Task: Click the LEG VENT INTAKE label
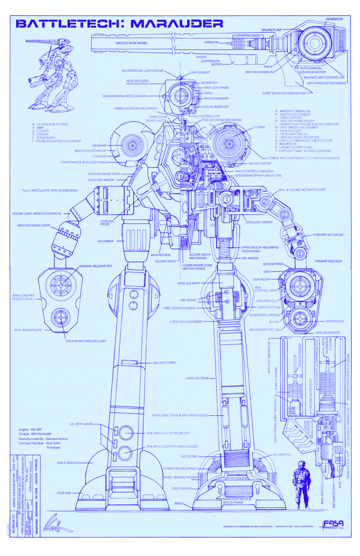pyautogui.click(x=164, y=362)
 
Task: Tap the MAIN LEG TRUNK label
pyautogui.click(x=196, y=378)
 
